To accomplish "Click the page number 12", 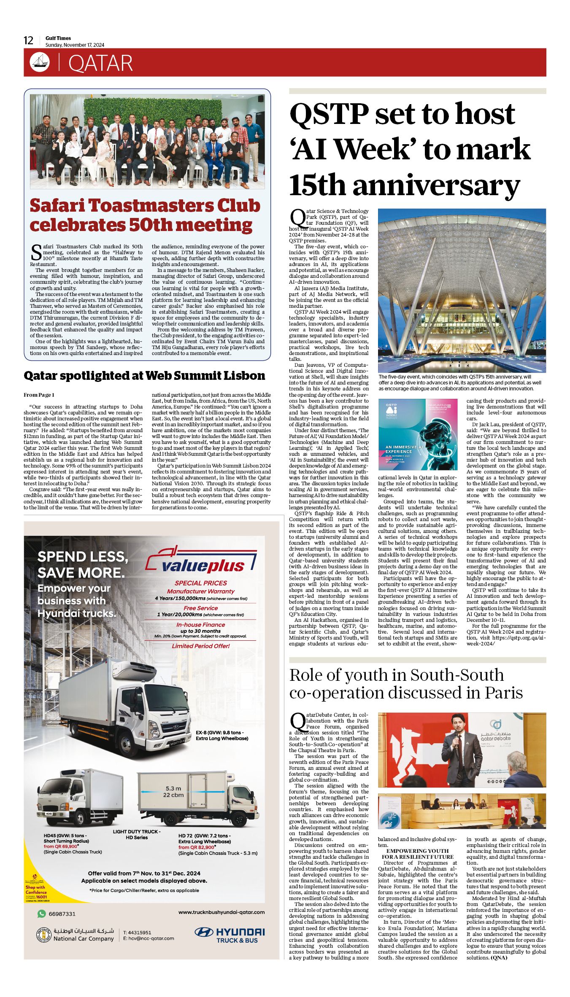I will [x=28, y=40].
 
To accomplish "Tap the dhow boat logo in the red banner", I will [x=40, y=62].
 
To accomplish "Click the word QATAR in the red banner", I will [x=100, y=63].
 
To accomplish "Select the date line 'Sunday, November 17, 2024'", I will [x=75, y=45].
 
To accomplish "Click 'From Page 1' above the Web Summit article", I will [x=39, y=395].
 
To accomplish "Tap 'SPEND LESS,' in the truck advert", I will [x=83, y=556].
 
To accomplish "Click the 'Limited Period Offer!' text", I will [x=200, y=646].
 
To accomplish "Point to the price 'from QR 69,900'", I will [x=61, y=846].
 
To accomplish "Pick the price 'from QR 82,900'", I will [x=197, y=847].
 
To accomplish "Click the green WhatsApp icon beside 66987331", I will [x=41, y=914].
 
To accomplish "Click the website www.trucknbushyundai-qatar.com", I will [x=222, y=912].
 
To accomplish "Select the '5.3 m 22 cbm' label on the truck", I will [x=173, y=791].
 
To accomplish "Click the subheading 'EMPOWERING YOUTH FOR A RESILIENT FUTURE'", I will [x=417, y=854].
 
